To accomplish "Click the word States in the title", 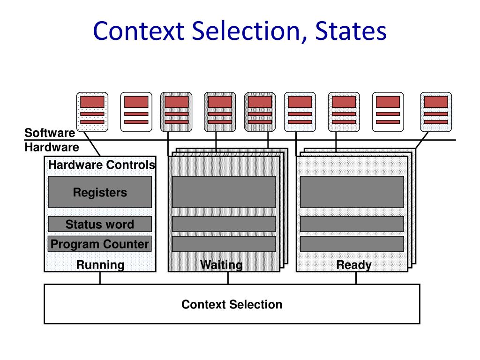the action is [x=351, y=31].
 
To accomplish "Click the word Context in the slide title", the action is [x=139, y=31].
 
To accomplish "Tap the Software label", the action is [x=50, y=133].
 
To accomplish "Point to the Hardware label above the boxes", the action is [x=52, y=147].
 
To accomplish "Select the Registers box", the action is [x=100, y=192].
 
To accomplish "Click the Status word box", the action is [x=100, y=224].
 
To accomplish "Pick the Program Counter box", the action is [x=100, y=244].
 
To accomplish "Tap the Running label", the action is [x=100, y=265].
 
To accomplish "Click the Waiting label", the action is [x=221, y=265].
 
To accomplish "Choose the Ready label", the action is [x=354, y=265].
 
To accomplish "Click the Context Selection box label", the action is [x=232, y=304].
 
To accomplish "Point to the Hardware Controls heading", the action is [x=102, y=165].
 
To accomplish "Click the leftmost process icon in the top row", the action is [x=92, y=112].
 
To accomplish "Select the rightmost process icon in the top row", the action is [x=436, y=112].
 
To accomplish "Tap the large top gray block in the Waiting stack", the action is [x=224, y=192].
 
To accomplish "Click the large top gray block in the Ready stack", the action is [x=352, y=192].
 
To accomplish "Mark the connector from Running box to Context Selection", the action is [x=100, y=278].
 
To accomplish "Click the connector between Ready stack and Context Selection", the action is [x=356, y=278].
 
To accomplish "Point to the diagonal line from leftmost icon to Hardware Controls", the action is [x=92, y=144].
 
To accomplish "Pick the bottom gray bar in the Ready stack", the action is [x=352, y=244].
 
